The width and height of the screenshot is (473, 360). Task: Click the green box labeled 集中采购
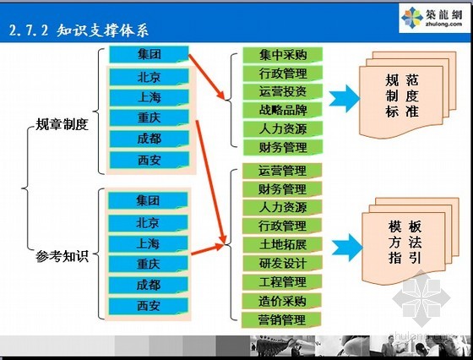pyautogui.click(x=283, y=55)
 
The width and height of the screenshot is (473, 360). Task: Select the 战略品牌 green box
pyautogui.click(x=283, y=111)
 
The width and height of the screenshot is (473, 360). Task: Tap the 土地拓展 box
pyautogui.click(x=282, y=245)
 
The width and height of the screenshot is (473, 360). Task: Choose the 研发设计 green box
pyautogui.click(x=282, y=264)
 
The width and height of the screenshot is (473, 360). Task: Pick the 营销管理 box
pyautogui.click(x=281, y=319)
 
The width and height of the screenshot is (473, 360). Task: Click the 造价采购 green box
pyautogui.click(x=282, y=301)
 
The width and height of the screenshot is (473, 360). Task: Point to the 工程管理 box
pyautogui.click(x=282, y=282)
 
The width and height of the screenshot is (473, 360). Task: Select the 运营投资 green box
pyautogui.click(x=283, y=92)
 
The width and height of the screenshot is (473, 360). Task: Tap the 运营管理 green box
pyautogui.click(x=282, y=171)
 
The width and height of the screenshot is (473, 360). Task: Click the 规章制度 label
pyautogui.click(x=62, y=124)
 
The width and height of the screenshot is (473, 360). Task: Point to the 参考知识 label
pyautogui.click(x=62, y=256)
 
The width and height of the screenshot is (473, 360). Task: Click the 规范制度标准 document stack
pyautogui.click(x=407, y=95)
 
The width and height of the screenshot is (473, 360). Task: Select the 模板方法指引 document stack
pyautogui.click(x=410, y=241)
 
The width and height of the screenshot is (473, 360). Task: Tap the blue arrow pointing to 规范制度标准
pyautogui.click(x=345, y=99)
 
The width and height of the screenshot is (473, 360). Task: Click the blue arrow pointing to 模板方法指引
pyautogui.click(x=347, y=248)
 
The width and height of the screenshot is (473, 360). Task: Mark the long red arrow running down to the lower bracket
pyautogui.click(x=211, y=182)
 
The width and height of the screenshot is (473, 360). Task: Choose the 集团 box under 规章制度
pyautogui.click(x=149, y=54)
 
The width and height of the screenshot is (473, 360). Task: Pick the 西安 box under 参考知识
pyautogui.click(x=148, y=306)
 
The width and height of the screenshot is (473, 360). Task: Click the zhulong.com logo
pyautogui.click(x=432, y=18)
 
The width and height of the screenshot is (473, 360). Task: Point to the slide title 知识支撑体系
pyautogui.click(x=102, y=30)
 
